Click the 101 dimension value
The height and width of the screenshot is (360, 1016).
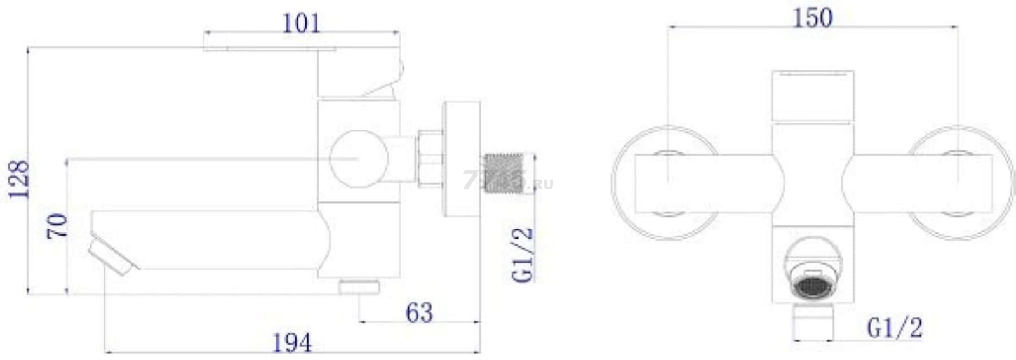coord(301,23)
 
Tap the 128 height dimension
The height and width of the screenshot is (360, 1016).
coord(19,180)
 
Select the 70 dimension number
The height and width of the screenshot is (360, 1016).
coord(57,226)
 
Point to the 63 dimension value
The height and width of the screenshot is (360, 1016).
coord(419,312)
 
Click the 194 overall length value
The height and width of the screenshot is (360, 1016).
coord(292,343)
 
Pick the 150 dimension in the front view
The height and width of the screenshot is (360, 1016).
coord(813,18)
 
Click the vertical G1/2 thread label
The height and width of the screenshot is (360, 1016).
coord(523,255)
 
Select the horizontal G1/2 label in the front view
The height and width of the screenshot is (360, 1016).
coord(895,328)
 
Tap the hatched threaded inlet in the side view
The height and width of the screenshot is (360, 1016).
coord(504,174)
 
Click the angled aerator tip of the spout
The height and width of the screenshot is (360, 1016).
coord(114,257)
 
